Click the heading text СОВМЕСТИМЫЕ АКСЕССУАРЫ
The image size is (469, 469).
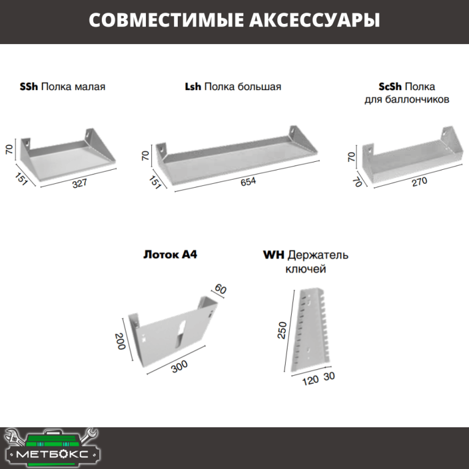click(234, 20)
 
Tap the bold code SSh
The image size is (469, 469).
click(28, 86)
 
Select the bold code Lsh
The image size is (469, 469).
click(193, 86)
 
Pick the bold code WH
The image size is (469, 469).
click(273, 254)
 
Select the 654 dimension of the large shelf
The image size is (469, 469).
click(248, 182)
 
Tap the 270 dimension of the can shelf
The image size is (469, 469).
click(419, 181)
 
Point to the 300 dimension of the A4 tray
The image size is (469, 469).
click(180, 367)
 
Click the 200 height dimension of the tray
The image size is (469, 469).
click(120, 341)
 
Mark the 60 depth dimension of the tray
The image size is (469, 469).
click(220, 289)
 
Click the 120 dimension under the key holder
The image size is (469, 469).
click(310, 381)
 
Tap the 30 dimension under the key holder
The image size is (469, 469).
click(329, 376)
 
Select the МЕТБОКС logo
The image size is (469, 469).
click(52, 448)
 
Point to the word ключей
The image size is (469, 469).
click(305, 269)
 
